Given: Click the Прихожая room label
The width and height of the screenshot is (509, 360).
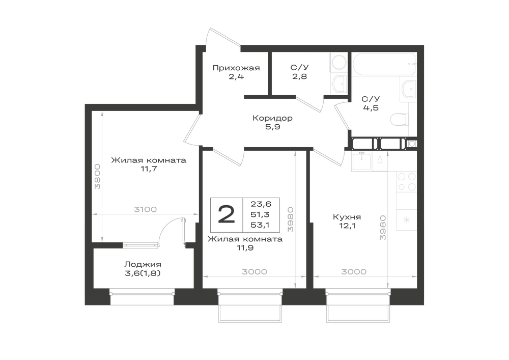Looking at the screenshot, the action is tap(236, 68).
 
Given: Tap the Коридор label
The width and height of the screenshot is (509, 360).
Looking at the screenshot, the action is tap(272, 118).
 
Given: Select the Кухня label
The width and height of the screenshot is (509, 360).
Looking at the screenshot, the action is tap(347, 217).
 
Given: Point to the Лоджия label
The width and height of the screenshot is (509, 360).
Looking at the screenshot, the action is tap(143, 264).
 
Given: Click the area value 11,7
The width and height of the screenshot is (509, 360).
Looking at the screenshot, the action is tap(149, 169).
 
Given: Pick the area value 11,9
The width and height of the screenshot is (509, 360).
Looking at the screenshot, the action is tap(245, 248).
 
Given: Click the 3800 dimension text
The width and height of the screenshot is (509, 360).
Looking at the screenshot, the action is tap(97, 177).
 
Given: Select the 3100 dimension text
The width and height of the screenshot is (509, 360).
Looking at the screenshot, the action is tap(146, 209).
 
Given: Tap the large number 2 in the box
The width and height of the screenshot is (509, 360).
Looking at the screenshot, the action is tap(227, 214).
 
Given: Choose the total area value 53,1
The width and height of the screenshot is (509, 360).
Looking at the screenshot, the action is tap(260, 225).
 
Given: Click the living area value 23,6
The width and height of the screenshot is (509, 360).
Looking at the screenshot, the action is tap(261, 204).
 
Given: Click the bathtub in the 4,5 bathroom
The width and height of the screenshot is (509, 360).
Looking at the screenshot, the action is tap(384, 64).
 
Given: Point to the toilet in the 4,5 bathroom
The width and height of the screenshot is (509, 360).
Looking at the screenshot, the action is tap(399, 120).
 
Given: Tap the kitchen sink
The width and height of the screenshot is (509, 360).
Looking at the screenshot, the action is tap(361, 161).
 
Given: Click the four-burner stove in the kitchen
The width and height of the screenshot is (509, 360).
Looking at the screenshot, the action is tap(406, 182).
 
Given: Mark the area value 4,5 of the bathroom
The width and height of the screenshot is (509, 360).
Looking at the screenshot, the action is tap(371, 108).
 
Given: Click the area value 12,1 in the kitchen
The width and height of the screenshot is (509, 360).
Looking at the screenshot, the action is tap(347, 226).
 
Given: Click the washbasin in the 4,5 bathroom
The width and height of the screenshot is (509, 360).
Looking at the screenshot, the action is tap(408, 88).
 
